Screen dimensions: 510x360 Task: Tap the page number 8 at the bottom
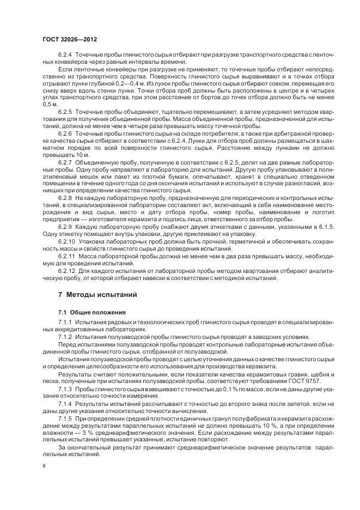(45, 466)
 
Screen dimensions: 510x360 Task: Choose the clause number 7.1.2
(65, 337)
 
